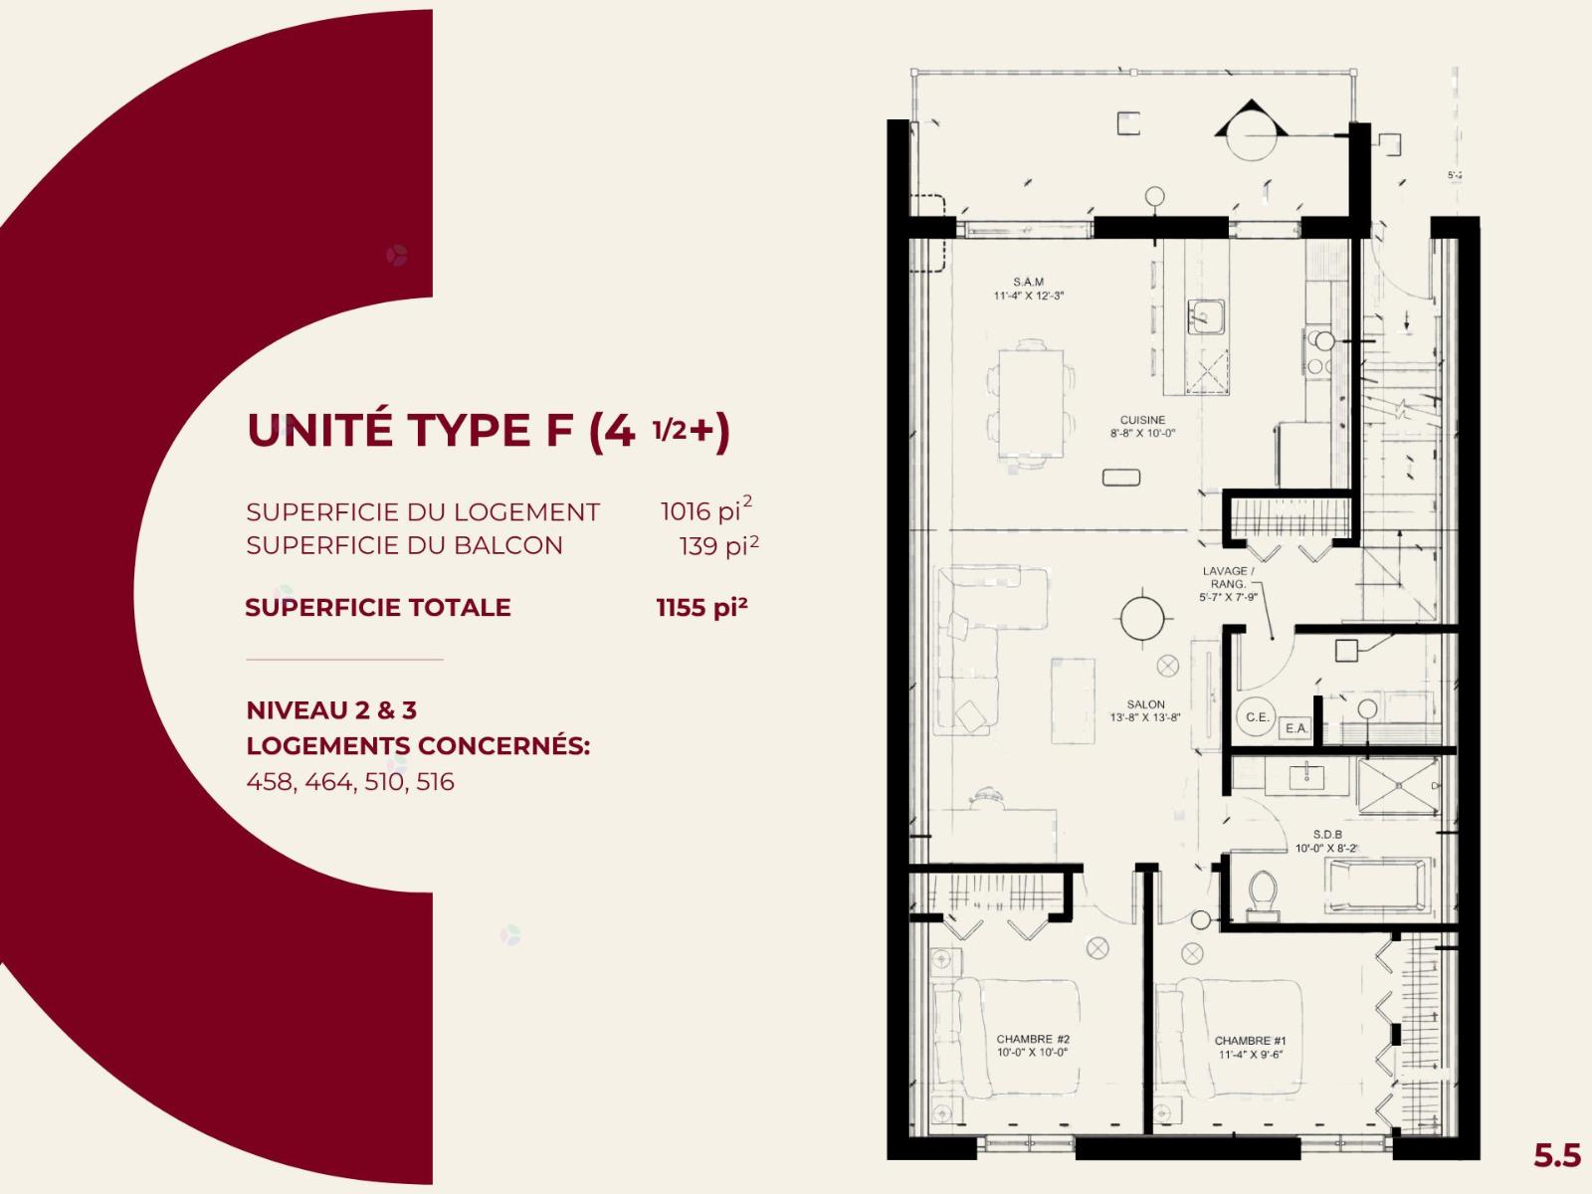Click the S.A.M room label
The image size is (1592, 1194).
coord(1029,282)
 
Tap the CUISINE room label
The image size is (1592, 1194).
coord(1142,421)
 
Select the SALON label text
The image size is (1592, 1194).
coord(1146,703)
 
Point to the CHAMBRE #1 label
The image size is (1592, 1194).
coord(1251,1041)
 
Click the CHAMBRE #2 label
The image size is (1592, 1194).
coord(1033,1039)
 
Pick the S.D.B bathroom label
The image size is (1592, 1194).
coord(1327,835)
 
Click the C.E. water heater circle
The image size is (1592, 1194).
coord(1257,717)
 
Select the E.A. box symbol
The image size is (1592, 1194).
coord(1296,728)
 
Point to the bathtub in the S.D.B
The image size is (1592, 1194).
coord(1377,885)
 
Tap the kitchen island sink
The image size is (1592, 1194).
coord(1206,316)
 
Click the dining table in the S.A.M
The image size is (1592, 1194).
coord(1031,403)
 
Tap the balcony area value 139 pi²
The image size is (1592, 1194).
coord(718,544)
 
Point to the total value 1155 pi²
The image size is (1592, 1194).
coord(701,607)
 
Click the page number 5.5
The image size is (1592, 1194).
coord(1556,1155)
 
